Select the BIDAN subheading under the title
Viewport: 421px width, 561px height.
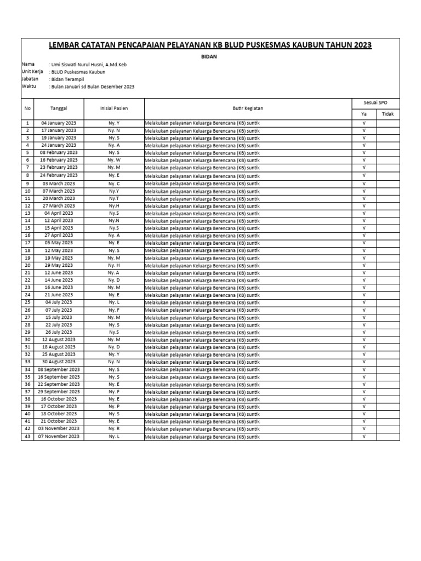point(211,56)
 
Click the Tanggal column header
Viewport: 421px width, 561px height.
point(59,108)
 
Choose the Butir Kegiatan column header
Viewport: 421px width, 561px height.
point(248,108)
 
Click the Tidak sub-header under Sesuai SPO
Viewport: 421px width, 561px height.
point(388,113)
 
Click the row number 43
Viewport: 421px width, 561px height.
point(27,437)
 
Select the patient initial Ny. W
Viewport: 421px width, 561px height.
point(114,160)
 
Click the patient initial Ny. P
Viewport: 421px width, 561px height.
point(114,407)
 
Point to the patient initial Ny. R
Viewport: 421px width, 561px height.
point(114,429)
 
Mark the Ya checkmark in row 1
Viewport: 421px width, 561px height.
point(364,123)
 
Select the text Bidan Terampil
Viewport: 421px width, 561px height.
point(65,79)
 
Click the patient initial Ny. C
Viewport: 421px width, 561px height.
point(114,183)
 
